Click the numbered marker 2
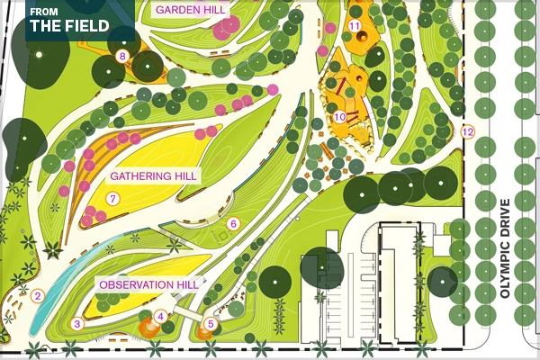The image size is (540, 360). click(37, 295)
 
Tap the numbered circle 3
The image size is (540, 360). click(77, 323)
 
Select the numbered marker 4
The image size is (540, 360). click(160, 316)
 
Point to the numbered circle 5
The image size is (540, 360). click(211, 323)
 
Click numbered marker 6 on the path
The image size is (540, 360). click(232, 223)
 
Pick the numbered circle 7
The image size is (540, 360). click(113, 198)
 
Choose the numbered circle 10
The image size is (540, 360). click(339, 116)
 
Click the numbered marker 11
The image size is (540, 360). click(355, 25)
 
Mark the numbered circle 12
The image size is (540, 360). click(466, 132)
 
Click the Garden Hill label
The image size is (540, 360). click(190, 9)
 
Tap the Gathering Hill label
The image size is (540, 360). click(154, 175)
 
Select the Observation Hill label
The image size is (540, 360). click(148, 284)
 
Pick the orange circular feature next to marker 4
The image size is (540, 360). click(148, 326)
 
